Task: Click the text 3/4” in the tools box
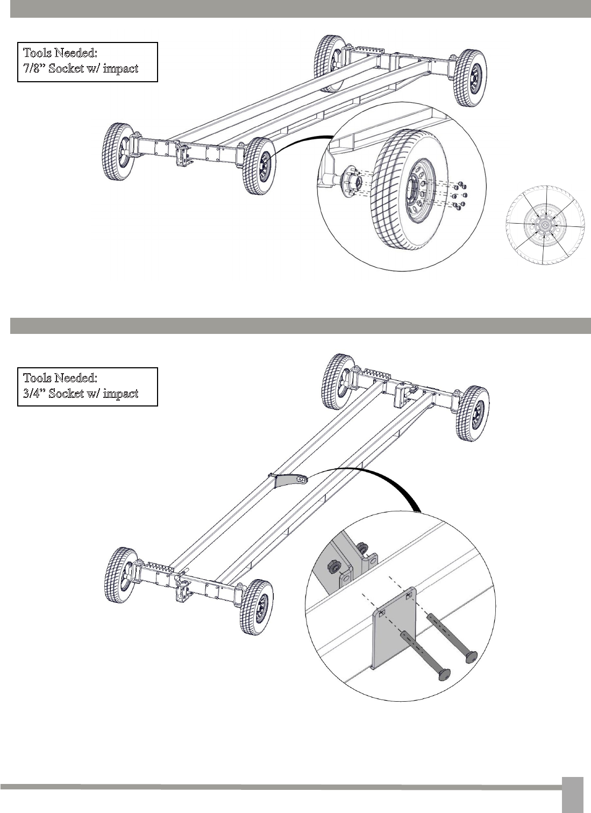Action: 34,394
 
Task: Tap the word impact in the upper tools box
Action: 120,69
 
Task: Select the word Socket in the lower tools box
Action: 66,394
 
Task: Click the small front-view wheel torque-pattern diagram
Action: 545,225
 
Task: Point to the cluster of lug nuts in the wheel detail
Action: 460,196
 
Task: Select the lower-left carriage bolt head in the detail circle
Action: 445,675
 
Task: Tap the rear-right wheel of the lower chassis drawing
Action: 473,413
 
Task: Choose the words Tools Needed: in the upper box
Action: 60,53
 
